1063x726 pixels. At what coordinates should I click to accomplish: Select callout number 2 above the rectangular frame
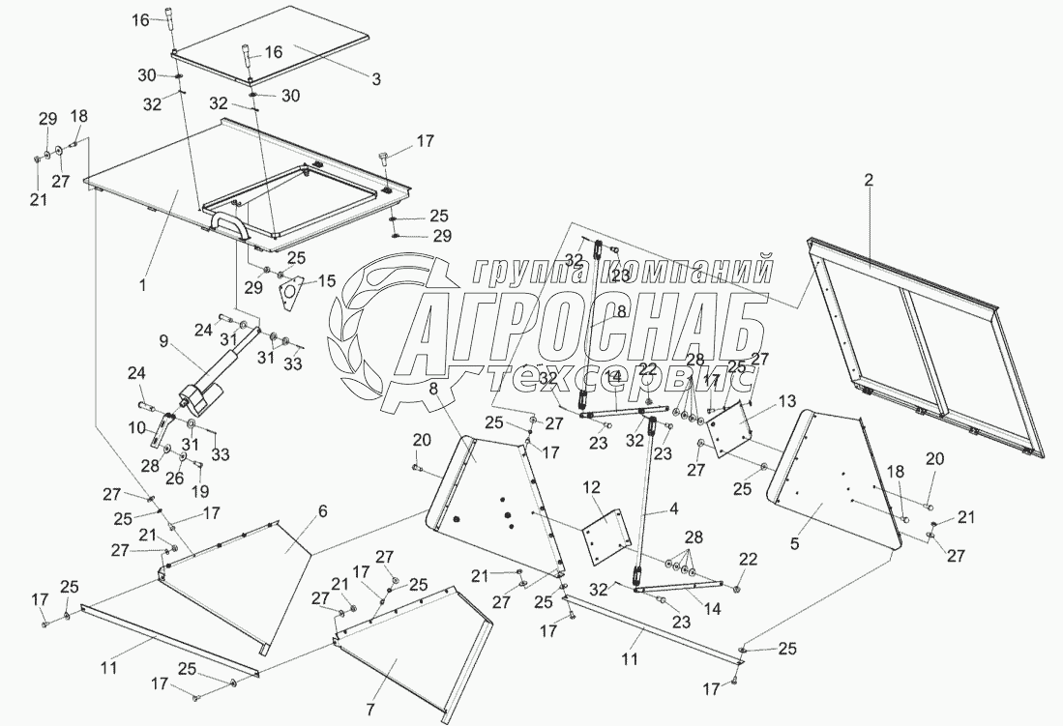point(868,179)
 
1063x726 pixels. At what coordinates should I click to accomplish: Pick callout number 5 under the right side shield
point(794,544)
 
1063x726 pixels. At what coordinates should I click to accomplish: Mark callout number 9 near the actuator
point(162,340)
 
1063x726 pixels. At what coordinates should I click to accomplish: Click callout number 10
point(135,425)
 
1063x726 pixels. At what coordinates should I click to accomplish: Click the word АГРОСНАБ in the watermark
point(580,332)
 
